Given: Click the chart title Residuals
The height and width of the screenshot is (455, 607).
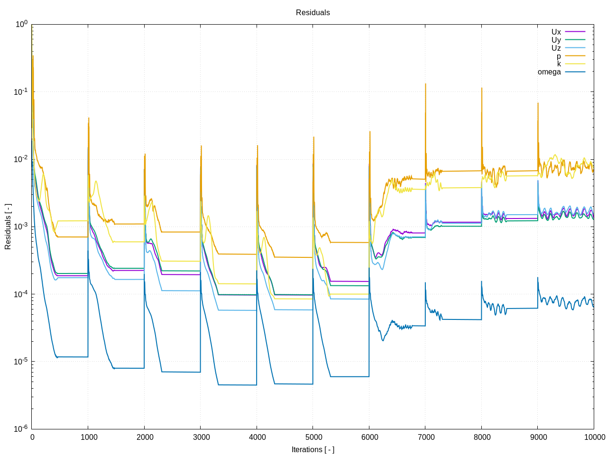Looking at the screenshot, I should coord(313,13).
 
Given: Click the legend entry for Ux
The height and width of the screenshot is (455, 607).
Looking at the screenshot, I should coord(556,32).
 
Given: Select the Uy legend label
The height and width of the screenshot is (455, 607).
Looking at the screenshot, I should coord(556,40).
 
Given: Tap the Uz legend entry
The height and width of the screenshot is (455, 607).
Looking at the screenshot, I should coord(556,48).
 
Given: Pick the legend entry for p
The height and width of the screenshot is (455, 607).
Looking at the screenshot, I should coord(559,56).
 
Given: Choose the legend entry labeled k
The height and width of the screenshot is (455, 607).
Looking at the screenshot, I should coord(559,64).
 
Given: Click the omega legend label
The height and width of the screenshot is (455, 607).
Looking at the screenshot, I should coord(549,72).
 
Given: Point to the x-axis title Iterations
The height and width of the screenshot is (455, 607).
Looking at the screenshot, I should coord(313,449).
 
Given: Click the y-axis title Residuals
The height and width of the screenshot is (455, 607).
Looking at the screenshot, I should coord(8,227).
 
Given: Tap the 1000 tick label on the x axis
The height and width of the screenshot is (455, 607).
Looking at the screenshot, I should coord(89,437).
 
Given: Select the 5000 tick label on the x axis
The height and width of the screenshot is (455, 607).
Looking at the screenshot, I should coord(313,437).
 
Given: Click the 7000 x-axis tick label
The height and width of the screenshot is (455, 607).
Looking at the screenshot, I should coord(426,437).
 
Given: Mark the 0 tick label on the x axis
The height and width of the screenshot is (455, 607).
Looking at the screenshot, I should coord(32,437).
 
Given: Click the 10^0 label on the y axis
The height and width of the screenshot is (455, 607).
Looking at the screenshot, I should coord(22,24).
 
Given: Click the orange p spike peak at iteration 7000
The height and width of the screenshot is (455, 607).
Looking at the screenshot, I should coord(425,84).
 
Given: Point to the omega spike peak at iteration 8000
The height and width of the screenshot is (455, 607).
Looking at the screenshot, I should coord(481,282).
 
